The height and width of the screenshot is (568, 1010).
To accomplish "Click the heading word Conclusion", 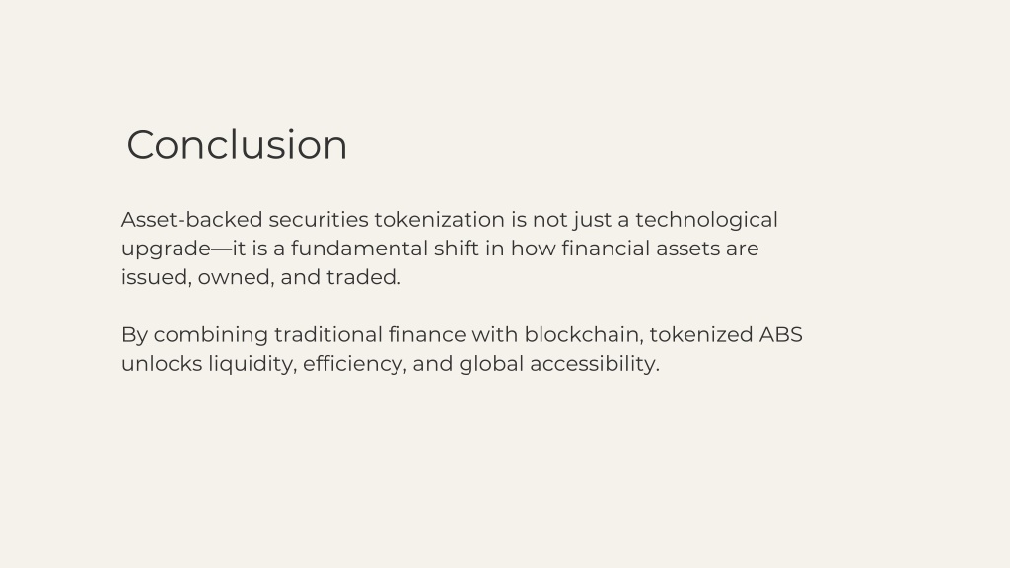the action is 237,144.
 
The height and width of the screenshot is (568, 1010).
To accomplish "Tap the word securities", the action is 319,220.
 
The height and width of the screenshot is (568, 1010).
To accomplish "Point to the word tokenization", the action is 439,220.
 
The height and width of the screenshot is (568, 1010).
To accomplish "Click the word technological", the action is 706,221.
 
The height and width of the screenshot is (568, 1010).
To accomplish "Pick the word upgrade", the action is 166,249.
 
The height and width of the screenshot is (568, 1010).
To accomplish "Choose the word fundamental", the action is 359,248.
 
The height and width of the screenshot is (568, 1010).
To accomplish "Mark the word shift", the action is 456,248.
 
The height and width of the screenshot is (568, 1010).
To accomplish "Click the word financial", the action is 606,248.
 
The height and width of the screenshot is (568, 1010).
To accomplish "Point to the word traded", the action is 363,277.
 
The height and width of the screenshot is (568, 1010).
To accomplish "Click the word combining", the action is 211,336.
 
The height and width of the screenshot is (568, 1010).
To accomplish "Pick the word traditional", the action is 327,335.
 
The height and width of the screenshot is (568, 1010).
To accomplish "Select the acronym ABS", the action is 781,335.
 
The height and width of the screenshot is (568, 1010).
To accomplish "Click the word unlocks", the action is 162,364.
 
